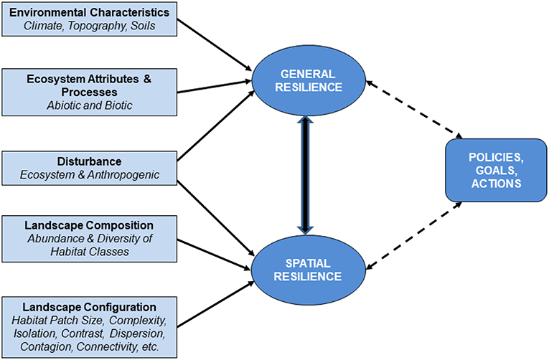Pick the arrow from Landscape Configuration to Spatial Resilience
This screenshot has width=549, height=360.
point(215,301)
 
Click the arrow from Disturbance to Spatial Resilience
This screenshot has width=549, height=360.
point(215,214)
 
